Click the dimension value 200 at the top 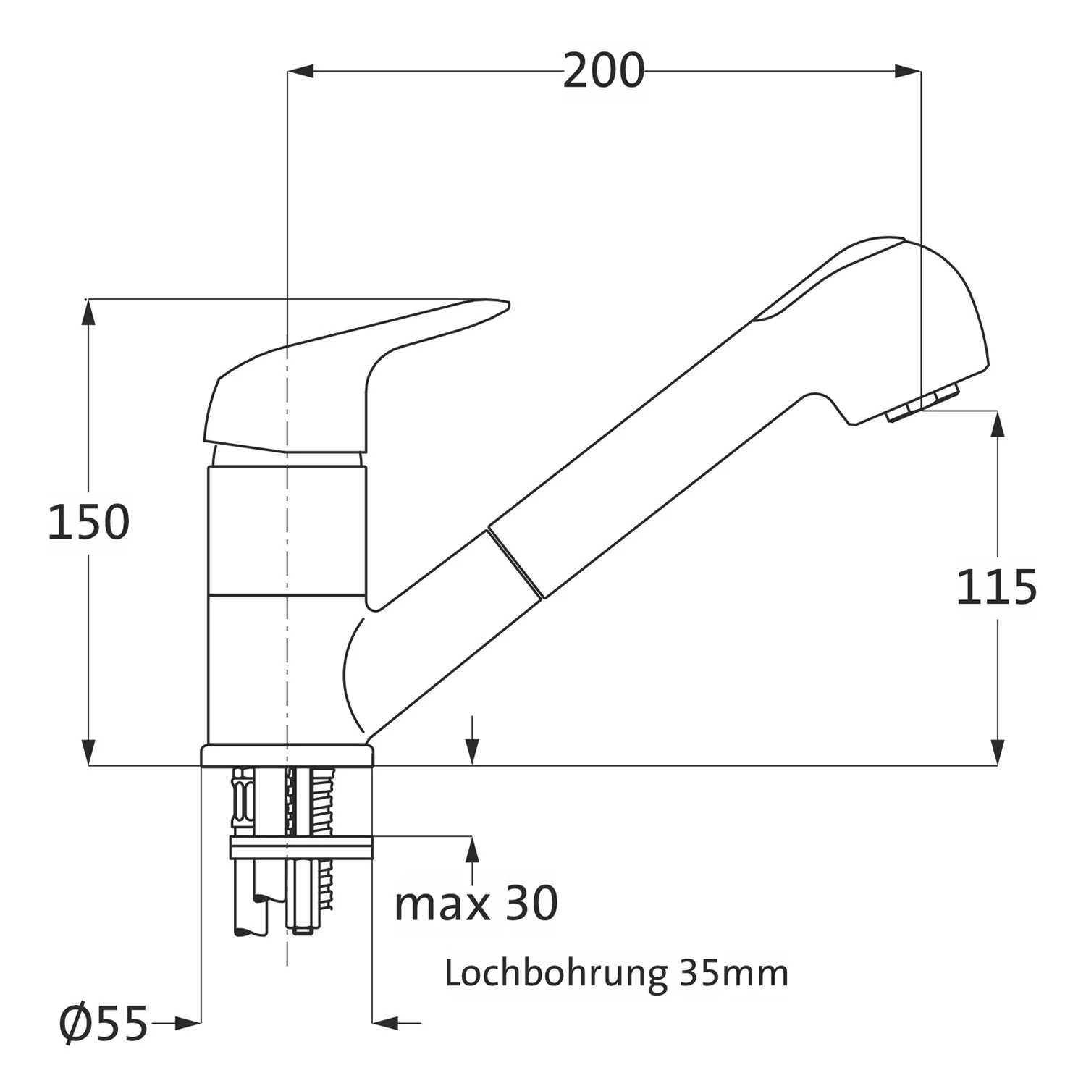pos(603,71)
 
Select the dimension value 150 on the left pos(88,522)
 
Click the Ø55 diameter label pos(104,1024)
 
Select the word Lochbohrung pos(555,975)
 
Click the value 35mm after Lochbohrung pos(733,974)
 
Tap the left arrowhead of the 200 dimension pos(300,71)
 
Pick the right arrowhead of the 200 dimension pos(908,71)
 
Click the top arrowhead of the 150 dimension pos(88,312)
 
